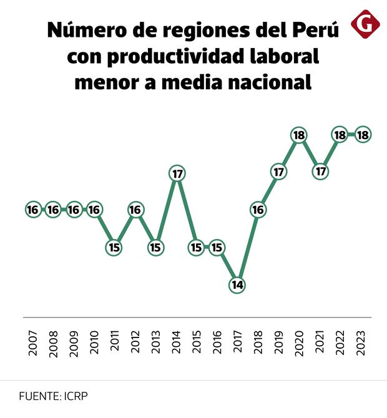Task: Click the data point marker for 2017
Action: tap(237, 285)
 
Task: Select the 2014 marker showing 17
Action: tap(177, 173)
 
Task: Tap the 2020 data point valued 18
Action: tap(299, 134)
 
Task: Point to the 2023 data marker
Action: tap(362, 134)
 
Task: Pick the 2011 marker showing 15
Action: tap(114, 247)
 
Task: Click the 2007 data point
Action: tap(33, 210)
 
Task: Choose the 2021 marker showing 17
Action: tap(321, 172)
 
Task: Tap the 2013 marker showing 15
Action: tap(155, 247)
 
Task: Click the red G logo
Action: tap(366, 24)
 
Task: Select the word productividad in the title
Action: tap(169, 57)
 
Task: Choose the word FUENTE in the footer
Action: tap(39, 396)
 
